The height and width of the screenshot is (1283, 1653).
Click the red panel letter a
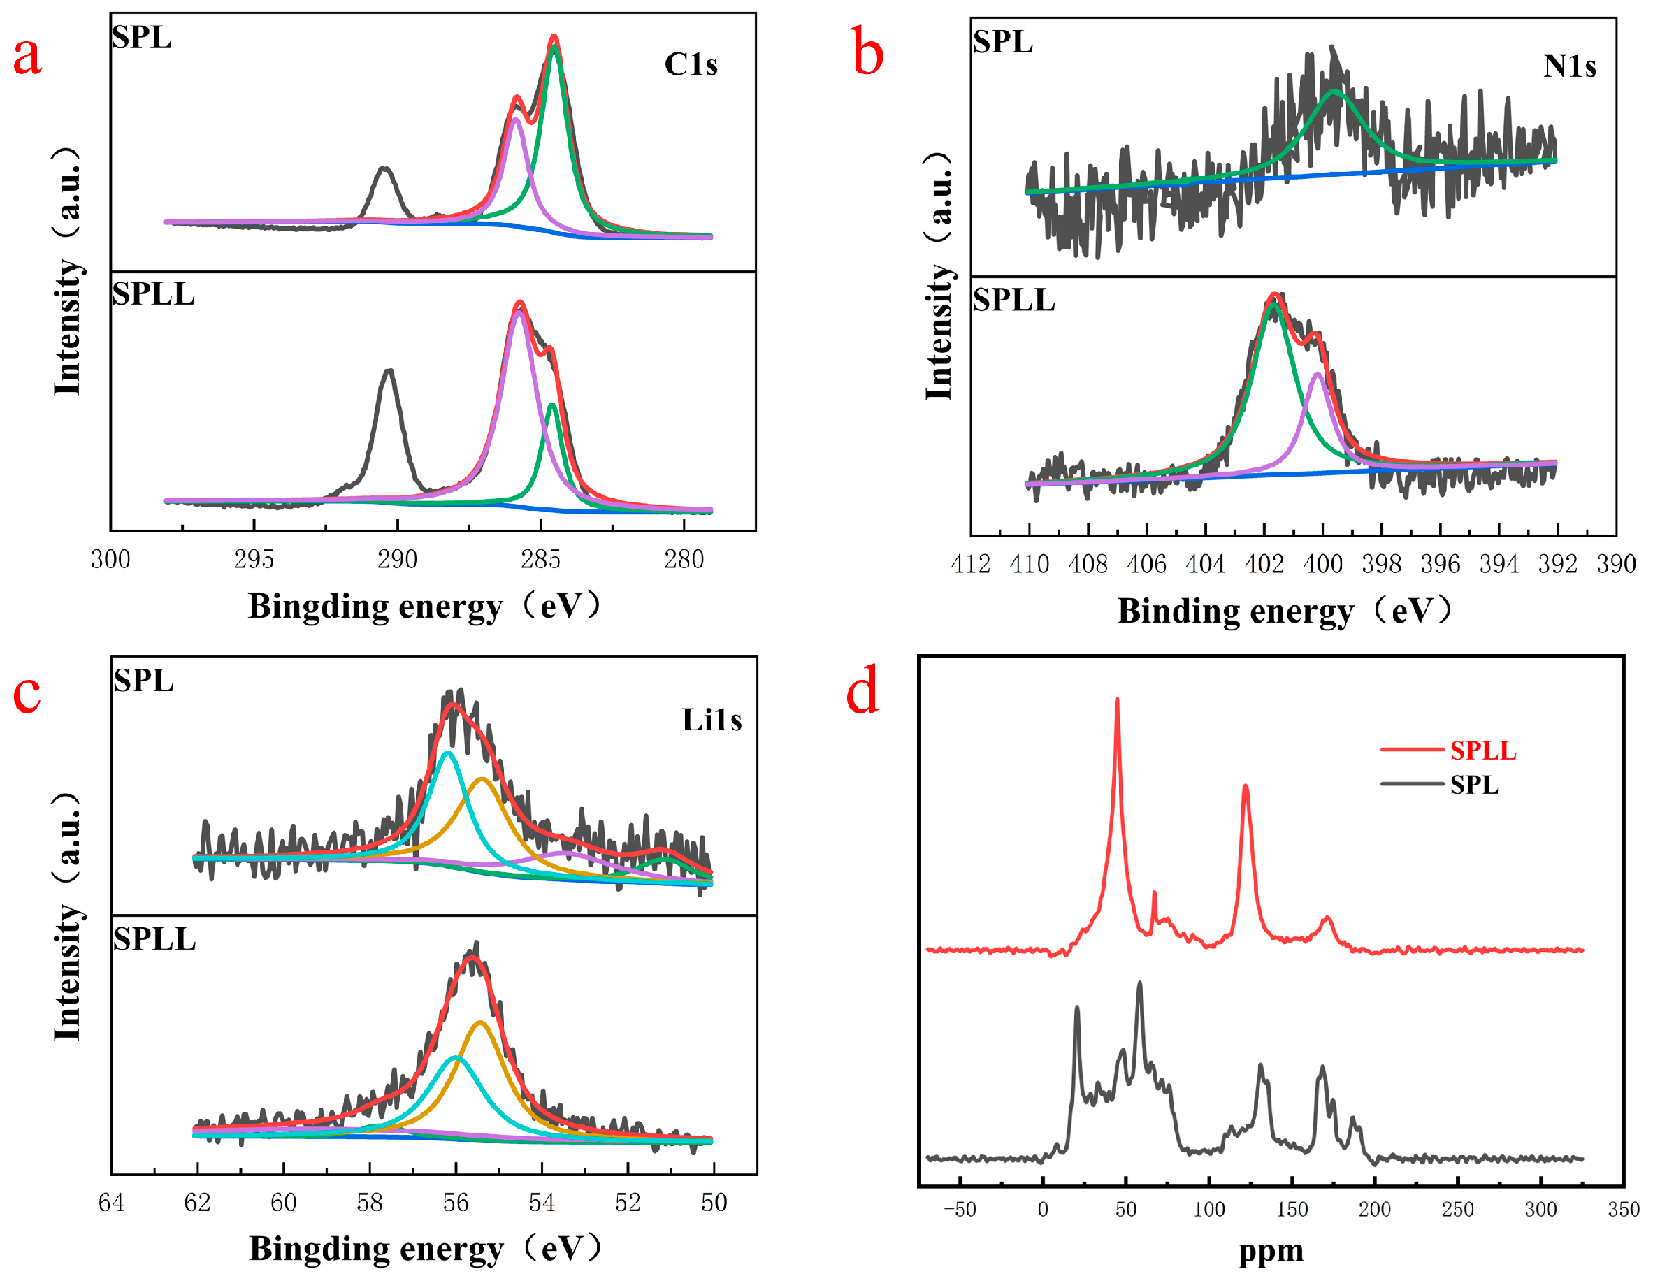click(27, 57)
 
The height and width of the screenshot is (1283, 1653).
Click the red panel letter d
click(862, 690)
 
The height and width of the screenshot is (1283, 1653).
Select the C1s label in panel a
click(691, 65)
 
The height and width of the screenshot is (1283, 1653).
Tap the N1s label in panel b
click(1569, 67)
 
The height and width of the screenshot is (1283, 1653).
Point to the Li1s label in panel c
click(712, 720)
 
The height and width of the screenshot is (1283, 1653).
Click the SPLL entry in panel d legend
click(1482, 751)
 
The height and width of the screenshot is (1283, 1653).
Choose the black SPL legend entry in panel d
click(1473, 785)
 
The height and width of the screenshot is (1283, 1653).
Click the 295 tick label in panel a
click(253, 560)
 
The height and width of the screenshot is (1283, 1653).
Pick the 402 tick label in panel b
click(1263, 565)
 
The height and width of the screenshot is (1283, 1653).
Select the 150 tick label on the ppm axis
click(1291, 1210)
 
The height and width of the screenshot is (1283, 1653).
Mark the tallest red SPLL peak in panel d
click(1117, 700)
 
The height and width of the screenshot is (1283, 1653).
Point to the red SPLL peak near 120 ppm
click(1245, 788)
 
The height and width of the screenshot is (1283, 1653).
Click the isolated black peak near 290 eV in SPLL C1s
click(389, 371)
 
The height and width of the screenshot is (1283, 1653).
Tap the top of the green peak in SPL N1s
click(1334, 92)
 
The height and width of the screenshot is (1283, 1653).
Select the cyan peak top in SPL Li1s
click(447, 753)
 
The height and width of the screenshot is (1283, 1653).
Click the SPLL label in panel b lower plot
click(1013, 300)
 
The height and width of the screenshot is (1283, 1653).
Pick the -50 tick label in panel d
click(959, 1210)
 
